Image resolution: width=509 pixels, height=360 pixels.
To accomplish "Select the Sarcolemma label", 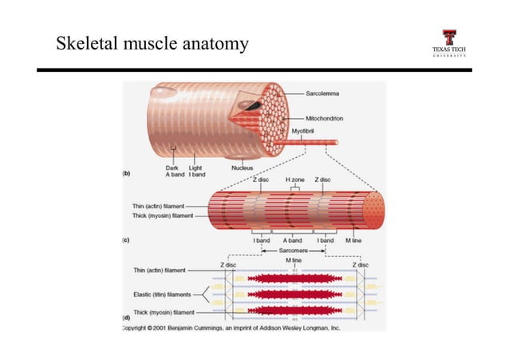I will tap(325, 94).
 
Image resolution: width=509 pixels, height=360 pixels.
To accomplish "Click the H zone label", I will tap(294, 180).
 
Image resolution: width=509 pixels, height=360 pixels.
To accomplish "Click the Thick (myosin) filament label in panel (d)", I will tap(163, 312).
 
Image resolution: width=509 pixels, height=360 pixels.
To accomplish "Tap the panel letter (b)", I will tap(125, 173).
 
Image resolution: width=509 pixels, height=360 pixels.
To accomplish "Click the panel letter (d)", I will tap(126, 318).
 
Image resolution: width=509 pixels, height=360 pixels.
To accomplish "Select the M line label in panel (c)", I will tap(353, 239).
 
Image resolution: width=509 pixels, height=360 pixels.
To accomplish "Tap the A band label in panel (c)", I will tap(293, 239).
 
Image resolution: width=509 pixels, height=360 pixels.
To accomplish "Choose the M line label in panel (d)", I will tap(294, 260).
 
